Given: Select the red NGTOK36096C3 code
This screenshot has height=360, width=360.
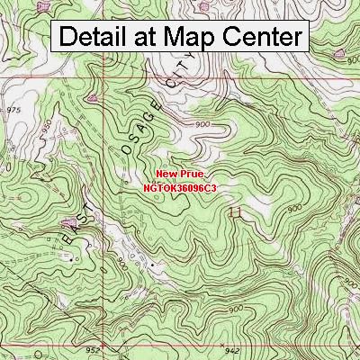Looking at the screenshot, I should coord(181,188).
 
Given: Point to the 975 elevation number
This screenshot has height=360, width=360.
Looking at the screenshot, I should coord(13,108).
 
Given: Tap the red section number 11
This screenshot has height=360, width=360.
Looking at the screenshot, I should coord(236,213).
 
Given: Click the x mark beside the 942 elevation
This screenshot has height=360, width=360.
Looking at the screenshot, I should coord(220,342).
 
